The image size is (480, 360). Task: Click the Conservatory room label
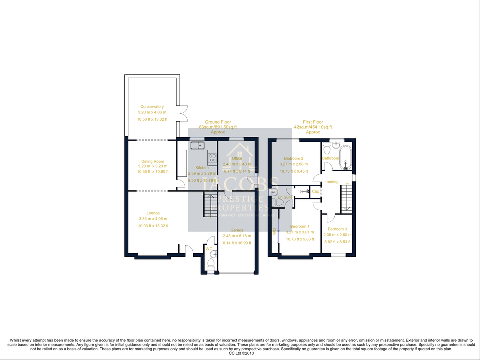(152, 107)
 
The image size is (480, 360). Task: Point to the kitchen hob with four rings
(211, 158)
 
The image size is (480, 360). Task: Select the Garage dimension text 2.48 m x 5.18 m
(237, 236)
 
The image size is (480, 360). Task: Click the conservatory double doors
(183, 113)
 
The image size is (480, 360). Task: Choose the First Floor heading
(313, 122)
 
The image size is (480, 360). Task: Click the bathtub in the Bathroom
(344, 156)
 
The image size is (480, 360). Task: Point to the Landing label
(331, 182)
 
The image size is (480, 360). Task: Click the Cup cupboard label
(315, 191)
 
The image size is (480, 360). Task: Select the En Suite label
(285, 198)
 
